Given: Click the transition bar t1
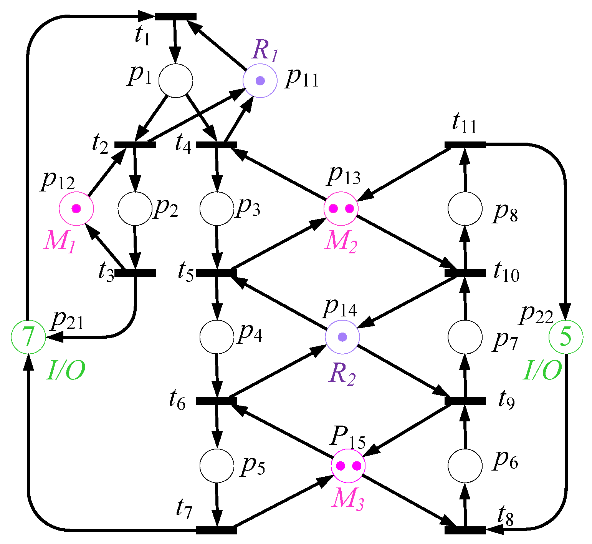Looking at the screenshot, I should (175, 17).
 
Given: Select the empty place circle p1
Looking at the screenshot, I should (175, 81).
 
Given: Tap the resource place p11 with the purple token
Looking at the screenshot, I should (260, 81).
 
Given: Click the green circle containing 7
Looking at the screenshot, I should (28, 337).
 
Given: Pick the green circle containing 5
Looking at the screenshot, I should (566, 337).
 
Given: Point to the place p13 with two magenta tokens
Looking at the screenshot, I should (341, 208).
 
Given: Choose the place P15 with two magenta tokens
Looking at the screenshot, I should (348, 466).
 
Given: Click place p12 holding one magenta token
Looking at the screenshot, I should (76, 208).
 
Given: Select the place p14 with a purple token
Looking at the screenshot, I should (342, 337).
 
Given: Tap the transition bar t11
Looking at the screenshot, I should (465, 145).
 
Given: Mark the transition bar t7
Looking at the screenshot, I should (217, 530).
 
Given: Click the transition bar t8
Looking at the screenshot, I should (465, 530).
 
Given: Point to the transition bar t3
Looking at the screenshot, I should (136, 273).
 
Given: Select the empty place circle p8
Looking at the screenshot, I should (465, 208).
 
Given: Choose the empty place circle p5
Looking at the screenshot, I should (217, 465).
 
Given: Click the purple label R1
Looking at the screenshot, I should (265, 50).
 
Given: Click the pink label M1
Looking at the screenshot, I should (60, 241).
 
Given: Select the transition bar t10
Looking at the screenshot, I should (465, 273).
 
